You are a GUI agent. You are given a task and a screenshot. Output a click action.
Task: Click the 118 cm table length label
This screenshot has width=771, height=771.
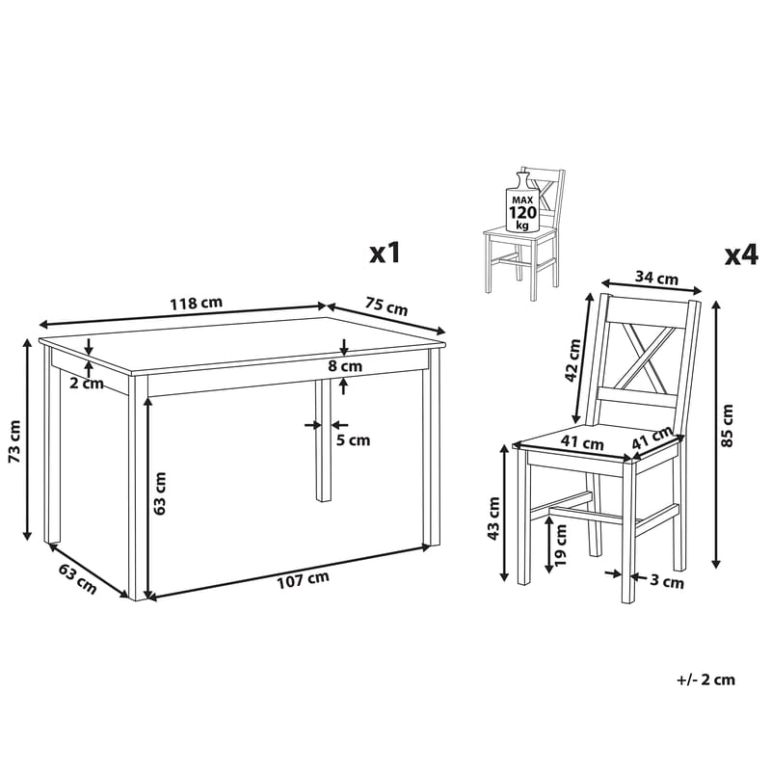point(197,303)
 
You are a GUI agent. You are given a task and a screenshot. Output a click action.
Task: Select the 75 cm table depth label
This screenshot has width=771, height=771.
point(386,306)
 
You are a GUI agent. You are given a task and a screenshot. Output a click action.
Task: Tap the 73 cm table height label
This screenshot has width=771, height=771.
point(14,441)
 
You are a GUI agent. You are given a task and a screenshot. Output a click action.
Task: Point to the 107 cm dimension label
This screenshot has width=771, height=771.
point(303,580)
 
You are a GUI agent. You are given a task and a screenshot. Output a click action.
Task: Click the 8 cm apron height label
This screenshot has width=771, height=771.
point(345,366)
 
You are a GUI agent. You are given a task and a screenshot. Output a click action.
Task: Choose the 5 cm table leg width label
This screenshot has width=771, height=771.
point(353,439)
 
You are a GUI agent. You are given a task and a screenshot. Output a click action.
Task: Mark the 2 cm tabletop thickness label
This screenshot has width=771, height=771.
point(87,383)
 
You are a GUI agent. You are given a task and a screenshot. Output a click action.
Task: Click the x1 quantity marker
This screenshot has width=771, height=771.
point(385,253)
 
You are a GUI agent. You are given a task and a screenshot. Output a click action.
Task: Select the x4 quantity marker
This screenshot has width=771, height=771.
point(741,255)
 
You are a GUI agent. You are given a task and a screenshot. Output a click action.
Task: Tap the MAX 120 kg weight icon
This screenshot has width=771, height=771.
point(522,202)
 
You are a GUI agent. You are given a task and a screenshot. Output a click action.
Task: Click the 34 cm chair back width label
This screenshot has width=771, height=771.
point(656,278)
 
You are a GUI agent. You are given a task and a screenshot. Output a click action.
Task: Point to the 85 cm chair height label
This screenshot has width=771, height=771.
point(727,425)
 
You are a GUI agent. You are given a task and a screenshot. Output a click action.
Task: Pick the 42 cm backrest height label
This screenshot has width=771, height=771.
point(572,359)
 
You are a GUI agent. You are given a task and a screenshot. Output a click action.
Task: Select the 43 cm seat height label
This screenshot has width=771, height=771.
point(493,518)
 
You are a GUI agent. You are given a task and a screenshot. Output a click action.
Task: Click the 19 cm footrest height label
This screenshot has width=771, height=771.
point(560,545)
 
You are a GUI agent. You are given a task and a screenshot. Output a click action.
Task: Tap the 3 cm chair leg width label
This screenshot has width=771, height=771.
point(667,582)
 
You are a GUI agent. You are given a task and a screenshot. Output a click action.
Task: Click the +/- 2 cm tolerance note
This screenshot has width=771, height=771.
point(706,680)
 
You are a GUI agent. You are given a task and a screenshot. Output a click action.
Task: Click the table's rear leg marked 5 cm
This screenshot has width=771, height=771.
point(323,440)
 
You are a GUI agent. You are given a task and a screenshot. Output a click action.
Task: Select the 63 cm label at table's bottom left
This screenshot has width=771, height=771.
point(78,579)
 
